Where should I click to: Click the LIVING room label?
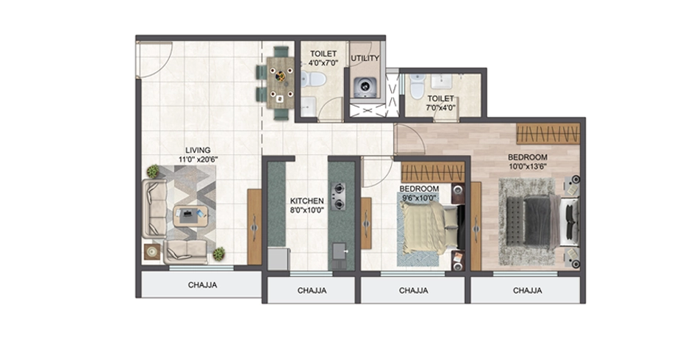pyautogui.click(x=198, y=151)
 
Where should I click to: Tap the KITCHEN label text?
pyautogui.click(x=307, y=201)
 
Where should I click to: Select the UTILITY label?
pyautogui.click(x=365, y=58)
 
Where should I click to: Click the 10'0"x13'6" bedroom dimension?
pyautogui.click(x=528, y=166)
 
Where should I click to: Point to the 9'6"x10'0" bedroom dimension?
pyautogui.click(x=420, y=198)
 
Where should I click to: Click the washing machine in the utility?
pyautogui.click(x=365, y=87)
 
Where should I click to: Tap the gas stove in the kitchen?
pyautogui.click(x=338, y=196)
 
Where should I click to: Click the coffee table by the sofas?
pyautogui.click(x=190, y=216)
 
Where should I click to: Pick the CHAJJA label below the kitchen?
pyautogui.click(x=312, y=291)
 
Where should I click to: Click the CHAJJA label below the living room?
pyautogui.click(x=203, y=285)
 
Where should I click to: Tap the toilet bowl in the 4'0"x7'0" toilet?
pyautogui.click(x=314, y=79)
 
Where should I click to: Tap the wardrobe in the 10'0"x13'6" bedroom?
pyautogui.click(x=548, y=134)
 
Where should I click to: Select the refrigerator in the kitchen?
pyautogui.click(x=279, y=259)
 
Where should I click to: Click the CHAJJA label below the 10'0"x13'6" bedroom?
pyautogui.click(x=528, y=291)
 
